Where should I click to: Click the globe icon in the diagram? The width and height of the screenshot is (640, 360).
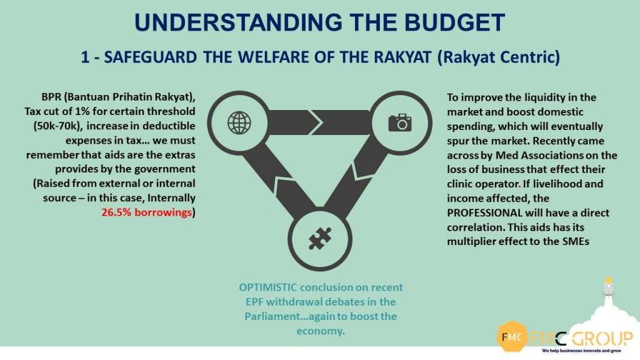239,122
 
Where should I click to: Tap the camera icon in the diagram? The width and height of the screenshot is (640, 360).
399,122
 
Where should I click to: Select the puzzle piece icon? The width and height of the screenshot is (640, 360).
319,238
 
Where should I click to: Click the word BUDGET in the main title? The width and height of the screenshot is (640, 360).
455,22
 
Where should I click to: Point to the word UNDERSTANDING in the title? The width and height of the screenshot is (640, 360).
238,22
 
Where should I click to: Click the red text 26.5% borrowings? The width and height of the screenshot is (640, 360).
146,212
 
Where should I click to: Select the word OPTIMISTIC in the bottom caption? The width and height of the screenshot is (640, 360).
267,287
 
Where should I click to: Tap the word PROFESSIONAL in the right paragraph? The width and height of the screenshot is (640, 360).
484,212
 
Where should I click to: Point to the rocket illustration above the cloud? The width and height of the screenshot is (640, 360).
608,287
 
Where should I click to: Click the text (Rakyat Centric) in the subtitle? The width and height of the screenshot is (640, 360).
498,57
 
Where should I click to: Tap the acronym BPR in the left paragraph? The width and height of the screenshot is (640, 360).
51,97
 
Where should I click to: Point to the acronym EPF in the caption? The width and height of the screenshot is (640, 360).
254,302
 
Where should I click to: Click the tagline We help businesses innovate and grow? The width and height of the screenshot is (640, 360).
581,351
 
